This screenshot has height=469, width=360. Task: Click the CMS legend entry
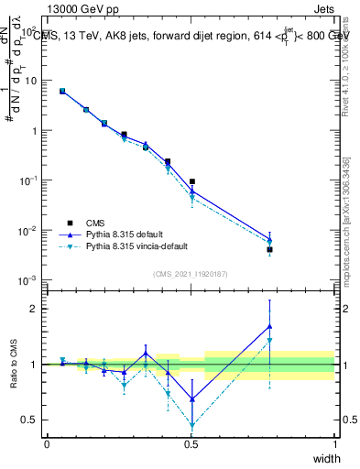point(96,223)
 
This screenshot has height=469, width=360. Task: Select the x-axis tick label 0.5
point(191,443)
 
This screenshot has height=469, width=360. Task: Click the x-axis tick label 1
point(334,443)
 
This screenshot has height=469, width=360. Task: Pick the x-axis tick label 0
point(47,443)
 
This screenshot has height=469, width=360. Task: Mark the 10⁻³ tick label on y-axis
point(27,280)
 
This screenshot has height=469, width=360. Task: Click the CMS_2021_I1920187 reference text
point(191,273)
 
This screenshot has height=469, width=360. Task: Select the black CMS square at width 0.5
point(191,181)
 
